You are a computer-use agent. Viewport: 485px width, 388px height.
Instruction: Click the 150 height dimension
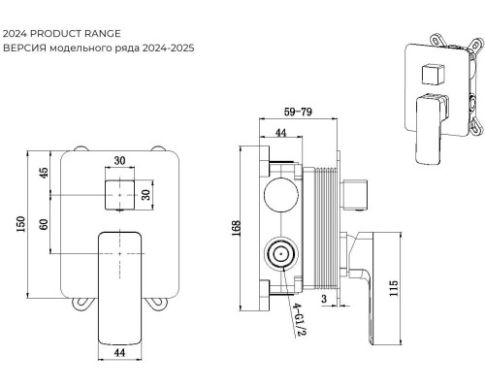click(21, 224)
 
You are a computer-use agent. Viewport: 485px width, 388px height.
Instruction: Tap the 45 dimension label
click(44, 172)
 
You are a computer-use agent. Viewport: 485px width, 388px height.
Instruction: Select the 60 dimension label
click(44, 224)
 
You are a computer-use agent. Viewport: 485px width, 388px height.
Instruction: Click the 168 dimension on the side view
click(237, 228)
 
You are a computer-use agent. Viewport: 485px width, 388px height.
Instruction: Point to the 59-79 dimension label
click(298, 112)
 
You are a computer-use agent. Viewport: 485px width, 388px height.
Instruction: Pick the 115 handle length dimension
click(394, 288)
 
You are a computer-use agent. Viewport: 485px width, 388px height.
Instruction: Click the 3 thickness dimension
click(324, 299)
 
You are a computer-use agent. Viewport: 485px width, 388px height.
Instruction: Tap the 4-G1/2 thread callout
click(299, 320)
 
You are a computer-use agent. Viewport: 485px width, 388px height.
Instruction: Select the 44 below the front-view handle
click(119, 352)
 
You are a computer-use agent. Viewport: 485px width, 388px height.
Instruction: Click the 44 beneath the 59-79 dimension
click(280, 132)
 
